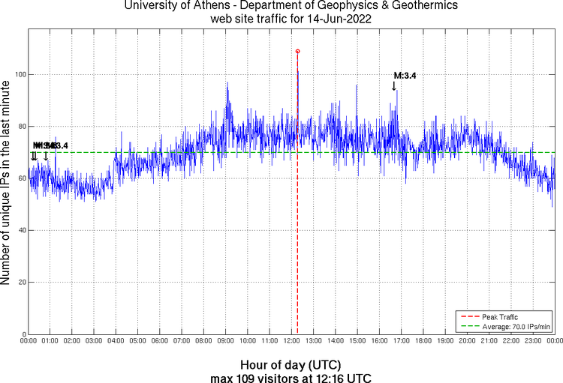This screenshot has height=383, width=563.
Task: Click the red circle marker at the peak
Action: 298,52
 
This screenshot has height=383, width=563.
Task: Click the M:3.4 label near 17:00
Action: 405,76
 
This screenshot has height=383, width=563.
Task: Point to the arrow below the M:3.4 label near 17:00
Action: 393,86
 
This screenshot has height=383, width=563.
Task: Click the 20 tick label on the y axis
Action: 18,283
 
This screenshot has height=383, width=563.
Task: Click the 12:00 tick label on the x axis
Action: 291,341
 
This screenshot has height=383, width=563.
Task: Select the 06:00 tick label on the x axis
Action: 159,341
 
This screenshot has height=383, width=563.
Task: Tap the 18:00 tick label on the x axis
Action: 423,341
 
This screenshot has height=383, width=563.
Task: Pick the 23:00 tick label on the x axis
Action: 532,341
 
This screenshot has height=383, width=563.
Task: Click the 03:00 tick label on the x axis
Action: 94,341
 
